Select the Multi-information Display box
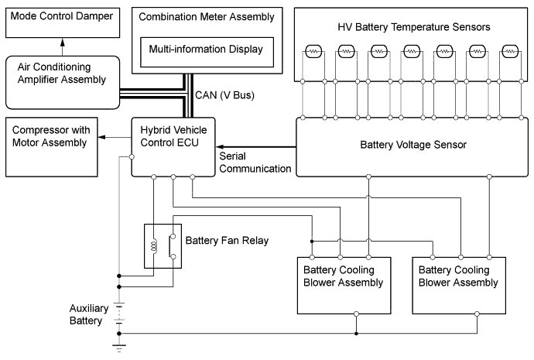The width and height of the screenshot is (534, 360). [x=201, y=51]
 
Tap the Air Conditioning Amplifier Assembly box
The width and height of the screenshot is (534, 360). [x=63, y=81]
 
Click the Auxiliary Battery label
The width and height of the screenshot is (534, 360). [x=91, y=313]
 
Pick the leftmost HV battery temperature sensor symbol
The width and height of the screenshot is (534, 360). [x=313, y=52]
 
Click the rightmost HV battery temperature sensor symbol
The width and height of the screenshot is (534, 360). [x=509, y=52]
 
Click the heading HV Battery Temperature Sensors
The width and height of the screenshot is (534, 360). [x=414, y=27]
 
